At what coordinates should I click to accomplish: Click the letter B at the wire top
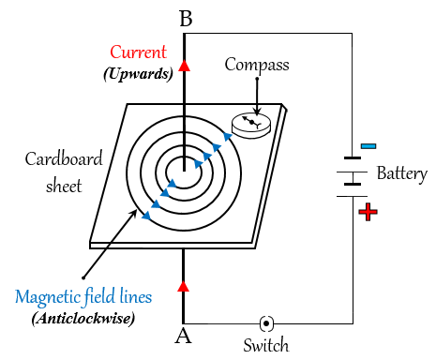pos(186,17)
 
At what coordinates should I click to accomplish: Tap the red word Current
pos(140,52)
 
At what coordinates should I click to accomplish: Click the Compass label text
pos(256,65)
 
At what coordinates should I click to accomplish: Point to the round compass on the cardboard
pos(250,125)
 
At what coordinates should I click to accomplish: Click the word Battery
pos(401,173)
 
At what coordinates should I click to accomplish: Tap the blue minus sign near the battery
pos(368,146)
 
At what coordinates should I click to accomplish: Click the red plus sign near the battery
pos(368,213)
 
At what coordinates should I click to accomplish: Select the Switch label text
pos(266,345)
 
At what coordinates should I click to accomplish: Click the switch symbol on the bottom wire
pos(266,322)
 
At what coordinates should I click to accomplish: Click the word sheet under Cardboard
pos(64,185)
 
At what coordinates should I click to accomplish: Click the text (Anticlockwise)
pos(83,318)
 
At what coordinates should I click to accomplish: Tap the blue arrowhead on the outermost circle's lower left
pos(145,217)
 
